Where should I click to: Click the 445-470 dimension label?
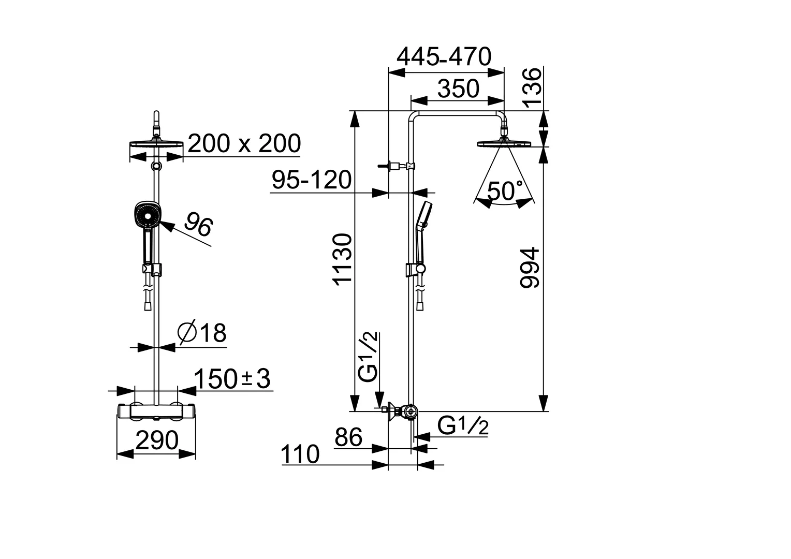coord(444,56)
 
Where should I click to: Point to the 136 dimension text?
coord(532,88)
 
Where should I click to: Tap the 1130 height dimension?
coord(342,259)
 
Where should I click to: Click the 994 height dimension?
coord(530,268)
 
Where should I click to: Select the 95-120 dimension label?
coord(312,180)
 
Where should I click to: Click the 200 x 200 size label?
coord(244,143)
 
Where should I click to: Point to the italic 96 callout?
coord(198,225)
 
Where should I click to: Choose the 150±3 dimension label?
coord(232,378)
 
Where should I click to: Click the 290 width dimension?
coord(156,440)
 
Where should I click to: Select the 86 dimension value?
coord(348,437)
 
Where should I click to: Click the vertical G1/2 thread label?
coord(368,357)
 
